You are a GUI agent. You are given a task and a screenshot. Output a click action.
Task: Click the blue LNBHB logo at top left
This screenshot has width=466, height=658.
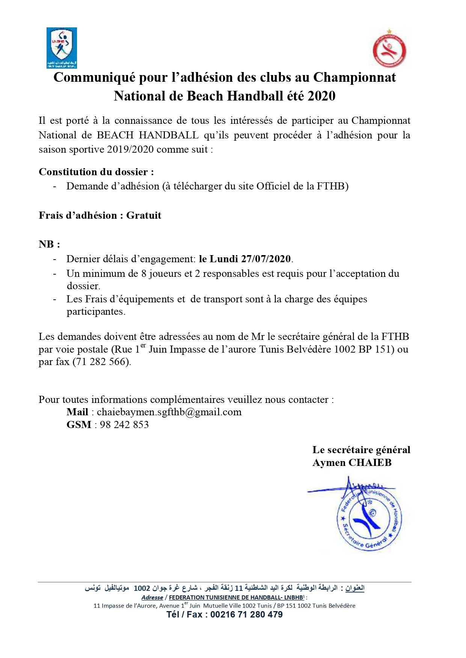pos(62,48)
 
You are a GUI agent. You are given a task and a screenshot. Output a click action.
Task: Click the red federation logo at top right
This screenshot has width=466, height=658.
pos(389,49)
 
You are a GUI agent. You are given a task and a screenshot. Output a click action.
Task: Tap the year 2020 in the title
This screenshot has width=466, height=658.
pos(321,96)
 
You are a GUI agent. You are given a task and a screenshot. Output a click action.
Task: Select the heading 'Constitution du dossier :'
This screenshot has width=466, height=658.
pos(96,172)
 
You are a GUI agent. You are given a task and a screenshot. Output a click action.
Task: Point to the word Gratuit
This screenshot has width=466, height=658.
pos(143,215)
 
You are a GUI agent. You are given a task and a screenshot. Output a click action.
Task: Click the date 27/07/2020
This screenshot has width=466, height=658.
pos(266,259)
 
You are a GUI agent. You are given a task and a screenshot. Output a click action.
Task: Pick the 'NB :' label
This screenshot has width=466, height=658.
pos(49,244)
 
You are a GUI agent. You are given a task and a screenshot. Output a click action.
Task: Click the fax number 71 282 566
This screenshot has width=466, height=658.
pos(102,362)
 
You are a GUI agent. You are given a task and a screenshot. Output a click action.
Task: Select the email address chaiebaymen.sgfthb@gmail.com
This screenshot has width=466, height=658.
pos(169,412)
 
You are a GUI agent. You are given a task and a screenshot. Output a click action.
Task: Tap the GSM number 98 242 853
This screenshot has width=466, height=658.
pos(124,425)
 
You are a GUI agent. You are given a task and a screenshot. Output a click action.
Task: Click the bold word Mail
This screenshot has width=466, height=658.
pos(77,412)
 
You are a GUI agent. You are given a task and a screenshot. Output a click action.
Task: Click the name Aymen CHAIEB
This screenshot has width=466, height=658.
pos(352,463)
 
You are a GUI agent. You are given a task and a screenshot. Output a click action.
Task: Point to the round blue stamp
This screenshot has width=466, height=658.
pos(369,519)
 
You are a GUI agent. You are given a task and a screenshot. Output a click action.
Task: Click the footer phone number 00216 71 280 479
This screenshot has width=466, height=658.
pos(246,614)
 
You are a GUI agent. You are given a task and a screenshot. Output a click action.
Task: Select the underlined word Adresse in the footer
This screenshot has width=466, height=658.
pos(152,597)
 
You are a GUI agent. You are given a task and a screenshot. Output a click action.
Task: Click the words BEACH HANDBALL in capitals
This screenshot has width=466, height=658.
pos(148,135)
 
